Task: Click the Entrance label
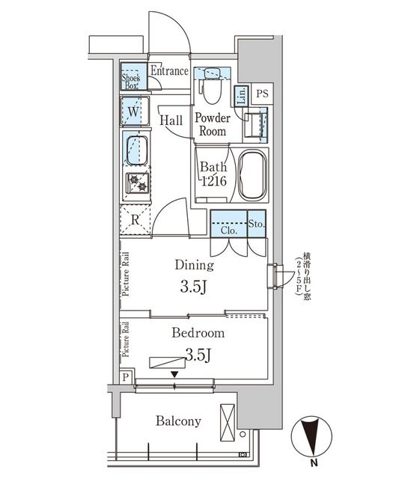point(171,71)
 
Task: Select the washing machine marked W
point(135,113)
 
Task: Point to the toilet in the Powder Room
point(211,88)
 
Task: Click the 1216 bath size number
point(213,180)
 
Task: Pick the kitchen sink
point(135,149)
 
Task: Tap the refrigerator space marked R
point(135,220)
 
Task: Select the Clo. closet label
point(229,231)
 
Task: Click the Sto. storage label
point(255,222)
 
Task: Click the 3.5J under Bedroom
point(197,354)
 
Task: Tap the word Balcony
point(178,421)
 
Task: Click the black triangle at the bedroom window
point(174,374)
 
